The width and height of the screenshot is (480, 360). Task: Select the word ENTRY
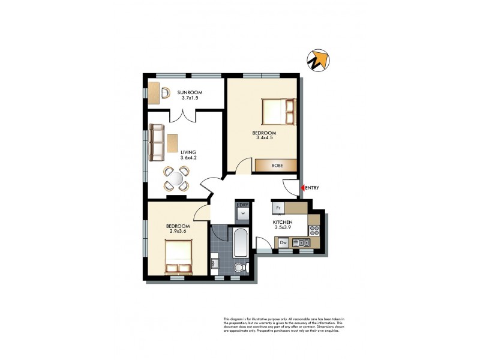point(313,188)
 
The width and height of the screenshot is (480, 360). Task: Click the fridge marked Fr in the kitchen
point(278,208)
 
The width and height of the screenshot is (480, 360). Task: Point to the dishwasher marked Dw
point(283,242)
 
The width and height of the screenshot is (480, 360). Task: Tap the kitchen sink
point(301,242)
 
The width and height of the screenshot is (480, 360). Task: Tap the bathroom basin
point(214,263)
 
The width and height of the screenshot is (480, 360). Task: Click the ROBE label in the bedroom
point(276,165)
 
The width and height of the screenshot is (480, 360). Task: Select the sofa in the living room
point(157,142)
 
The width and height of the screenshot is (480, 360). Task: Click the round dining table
point(177,178)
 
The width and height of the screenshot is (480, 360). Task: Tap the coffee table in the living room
point(173,142)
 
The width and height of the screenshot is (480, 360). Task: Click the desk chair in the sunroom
point(165,93)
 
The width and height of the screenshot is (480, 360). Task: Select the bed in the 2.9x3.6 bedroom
point(178,256)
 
